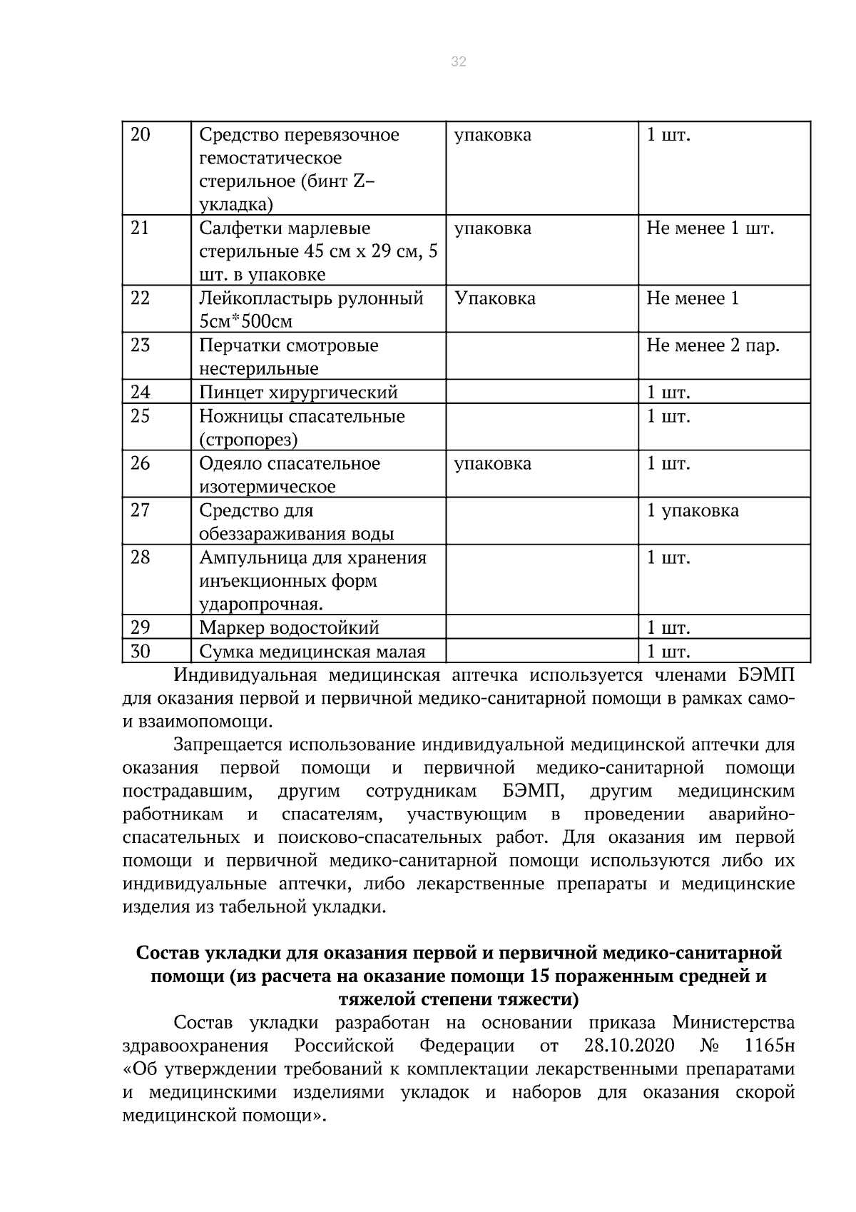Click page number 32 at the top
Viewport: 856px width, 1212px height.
[x=459, y=62]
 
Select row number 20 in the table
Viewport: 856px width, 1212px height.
[x=141, y=135]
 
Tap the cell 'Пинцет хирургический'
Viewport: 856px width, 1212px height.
[x=298, y=392]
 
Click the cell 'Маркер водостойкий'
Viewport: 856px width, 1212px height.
[x=289, y=628]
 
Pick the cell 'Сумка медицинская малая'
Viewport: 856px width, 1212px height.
[x=312, y=652]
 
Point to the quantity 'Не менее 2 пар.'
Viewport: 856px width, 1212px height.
[x=713, y=345]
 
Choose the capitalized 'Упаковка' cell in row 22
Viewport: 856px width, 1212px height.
[x=495, y=298]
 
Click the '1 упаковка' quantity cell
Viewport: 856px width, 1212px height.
[x=693, y=510]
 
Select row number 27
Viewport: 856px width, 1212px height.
[x=141, y=510]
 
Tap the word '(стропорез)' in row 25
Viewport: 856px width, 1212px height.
[x=248, y=440]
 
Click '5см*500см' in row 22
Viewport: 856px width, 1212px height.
[x=246, y=322]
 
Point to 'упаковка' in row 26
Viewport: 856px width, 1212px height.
[x=493, y=463]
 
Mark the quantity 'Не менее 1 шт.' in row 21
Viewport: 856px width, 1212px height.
[x=710, y=228]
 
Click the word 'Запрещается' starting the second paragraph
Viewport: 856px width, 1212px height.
[x=228, y=744]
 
